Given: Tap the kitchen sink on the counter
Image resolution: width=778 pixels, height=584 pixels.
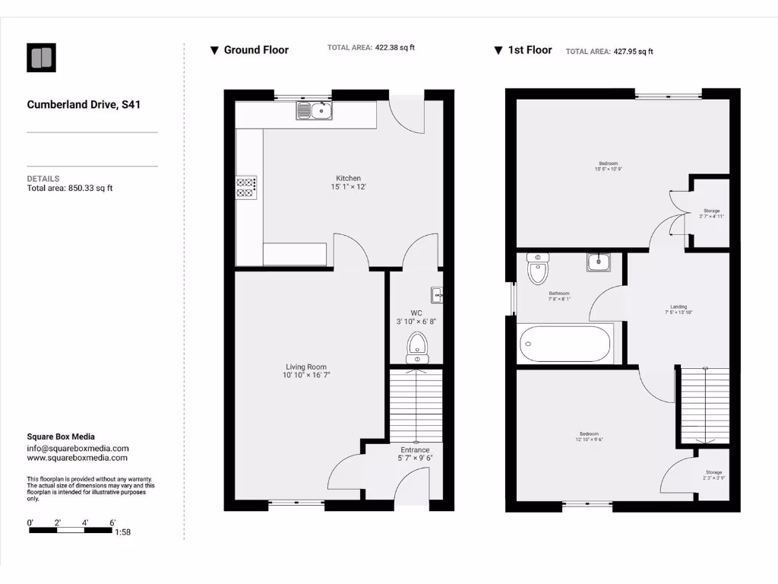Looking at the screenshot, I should tap(315, 112).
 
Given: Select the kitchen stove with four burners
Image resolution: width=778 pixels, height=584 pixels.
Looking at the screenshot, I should tap(246, 187).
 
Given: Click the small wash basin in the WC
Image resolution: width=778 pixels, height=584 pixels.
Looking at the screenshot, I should tap(437, 294).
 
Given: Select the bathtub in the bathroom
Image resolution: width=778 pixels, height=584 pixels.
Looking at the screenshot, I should tap(566, 344).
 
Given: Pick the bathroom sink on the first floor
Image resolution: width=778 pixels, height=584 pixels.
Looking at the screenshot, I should tap(598, 262).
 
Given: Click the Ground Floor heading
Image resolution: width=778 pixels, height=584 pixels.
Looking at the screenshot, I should tap(256, 50).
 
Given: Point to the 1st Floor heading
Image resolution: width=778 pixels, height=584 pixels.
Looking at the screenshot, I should tap(530, 50).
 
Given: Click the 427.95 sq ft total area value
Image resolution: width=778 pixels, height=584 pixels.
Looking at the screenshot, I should tap(633, 52).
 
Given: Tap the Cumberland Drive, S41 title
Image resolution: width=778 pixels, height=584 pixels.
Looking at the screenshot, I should tap(84, 105).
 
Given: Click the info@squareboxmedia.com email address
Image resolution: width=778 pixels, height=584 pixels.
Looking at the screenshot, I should tap(77, 449).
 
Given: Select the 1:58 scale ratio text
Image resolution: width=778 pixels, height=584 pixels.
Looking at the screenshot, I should tap(122, 532).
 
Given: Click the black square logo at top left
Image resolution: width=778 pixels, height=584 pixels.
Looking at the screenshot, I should tap(41, 58).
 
